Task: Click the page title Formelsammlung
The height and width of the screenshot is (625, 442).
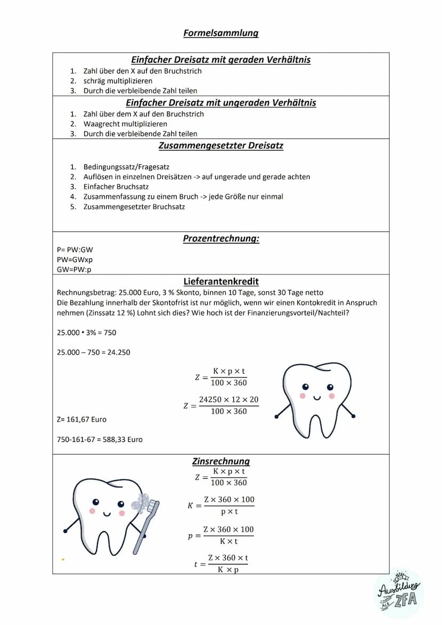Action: click(220, 33)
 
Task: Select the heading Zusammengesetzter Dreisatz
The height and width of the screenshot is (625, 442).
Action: click(220, 146)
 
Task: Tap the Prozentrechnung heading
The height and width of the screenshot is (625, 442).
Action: click(221, 239)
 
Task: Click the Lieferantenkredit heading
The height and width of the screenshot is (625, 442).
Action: click(221, 281)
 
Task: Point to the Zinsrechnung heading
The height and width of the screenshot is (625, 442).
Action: click(221, 461)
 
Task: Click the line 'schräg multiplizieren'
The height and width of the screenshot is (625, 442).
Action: click(117, 81)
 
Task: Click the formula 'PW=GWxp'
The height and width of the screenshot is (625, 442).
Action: click(74, 259)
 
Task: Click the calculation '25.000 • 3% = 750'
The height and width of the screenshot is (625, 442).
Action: click(86, 333)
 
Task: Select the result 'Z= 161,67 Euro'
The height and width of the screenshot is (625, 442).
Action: click(82, 420)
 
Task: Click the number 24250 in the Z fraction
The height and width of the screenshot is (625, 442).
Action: click(210, 400)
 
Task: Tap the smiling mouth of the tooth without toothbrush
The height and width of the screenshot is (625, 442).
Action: click(317, 397)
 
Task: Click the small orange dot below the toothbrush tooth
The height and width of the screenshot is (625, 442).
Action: click(63, 559)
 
